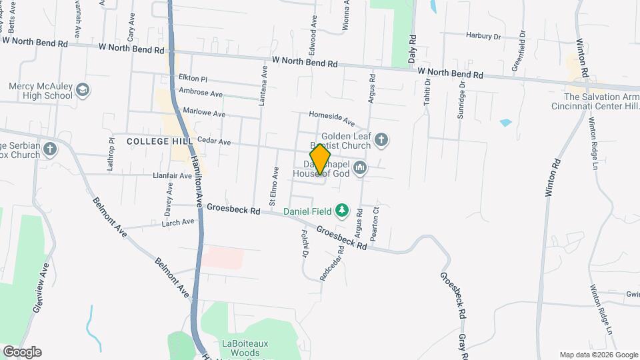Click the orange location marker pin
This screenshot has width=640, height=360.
pyautogui.click(x=320, y=159)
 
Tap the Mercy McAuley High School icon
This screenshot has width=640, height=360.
pyautogui.click(x=83, y=90)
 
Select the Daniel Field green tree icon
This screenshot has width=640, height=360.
pyautogui.click(x=342, y=211)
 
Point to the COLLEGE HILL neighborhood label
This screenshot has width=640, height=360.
pyautogui.click(x=154, y=141)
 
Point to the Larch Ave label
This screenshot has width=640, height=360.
pyautogui.click(x=177, y=222)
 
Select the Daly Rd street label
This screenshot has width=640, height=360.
pyautogui.click(x=413, y=49)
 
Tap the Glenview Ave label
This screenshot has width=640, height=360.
pyautogui.click(x=41, y=287)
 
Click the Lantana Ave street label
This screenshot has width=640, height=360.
pyautogui.click(x=264, y=85)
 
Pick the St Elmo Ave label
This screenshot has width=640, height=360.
pyautogui.click(x=274, y=183)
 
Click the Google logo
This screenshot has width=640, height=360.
pyautogui.click(x=22, y=351)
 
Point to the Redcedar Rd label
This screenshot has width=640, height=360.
pyautogui.click(x=332, y=264)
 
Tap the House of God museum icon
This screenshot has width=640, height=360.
pyautogui.click(x=360, y=167)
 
